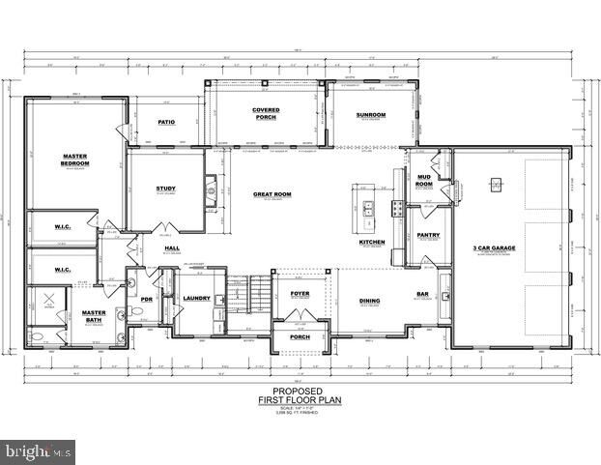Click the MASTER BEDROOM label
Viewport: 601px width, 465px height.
click(75, 160)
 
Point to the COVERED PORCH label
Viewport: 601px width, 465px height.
click(267, 113)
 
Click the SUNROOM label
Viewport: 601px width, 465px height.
click(371, 115)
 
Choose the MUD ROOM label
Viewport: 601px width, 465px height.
click(424, 181)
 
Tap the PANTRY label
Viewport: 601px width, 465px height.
click(428, 235)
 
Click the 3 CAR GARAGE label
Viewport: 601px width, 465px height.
click(493, 248)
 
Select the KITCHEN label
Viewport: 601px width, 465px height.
click(373, 242)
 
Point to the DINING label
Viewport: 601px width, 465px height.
click(370, 301)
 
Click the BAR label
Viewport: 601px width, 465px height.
click(422, 294)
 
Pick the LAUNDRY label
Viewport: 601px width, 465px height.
click(196, 299)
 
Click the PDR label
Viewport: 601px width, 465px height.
click(147, 299)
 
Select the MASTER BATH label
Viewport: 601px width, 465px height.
click(94, 315)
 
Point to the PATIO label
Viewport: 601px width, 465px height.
click(165, 123)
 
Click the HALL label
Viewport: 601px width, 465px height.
click(172, 248)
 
